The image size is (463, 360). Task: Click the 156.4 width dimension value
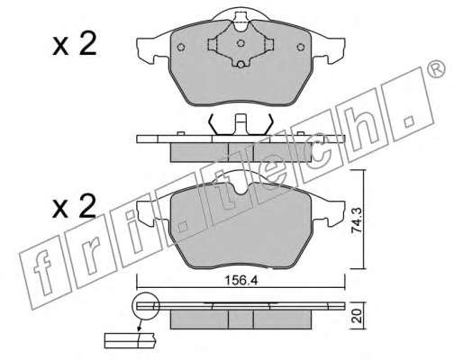click(241, 281)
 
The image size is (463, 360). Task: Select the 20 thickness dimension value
click(357, 316)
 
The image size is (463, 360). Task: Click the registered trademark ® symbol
click(437, 68)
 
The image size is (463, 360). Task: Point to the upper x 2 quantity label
click(75, 44)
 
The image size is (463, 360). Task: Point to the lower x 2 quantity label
click(74, 205)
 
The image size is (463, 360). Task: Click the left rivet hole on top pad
click(181, 47)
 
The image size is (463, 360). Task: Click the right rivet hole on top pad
click(301, 47)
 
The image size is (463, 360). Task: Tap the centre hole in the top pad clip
click(241, 43)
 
